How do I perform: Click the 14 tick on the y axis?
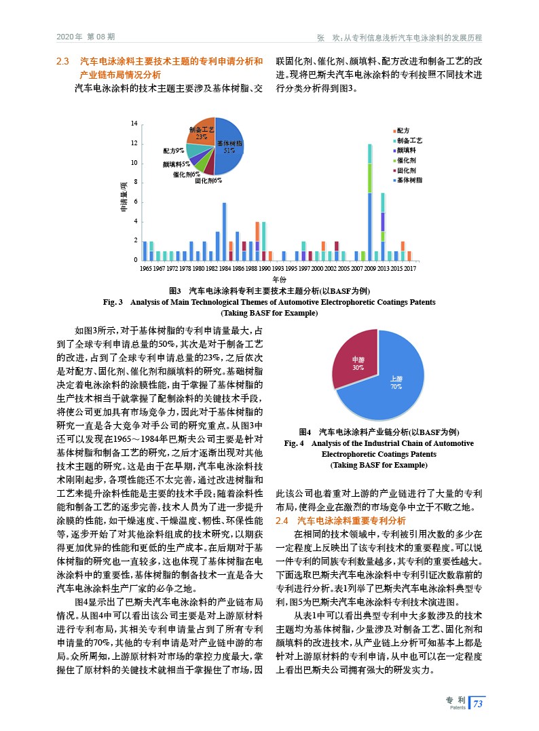[x=134, y=124]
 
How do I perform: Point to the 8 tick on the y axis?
[x=136, y=183]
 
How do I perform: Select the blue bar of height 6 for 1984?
[x=224, y=231]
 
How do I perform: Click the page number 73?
[x=478, y=703]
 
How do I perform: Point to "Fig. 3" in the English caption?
[x=109, y=301]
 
